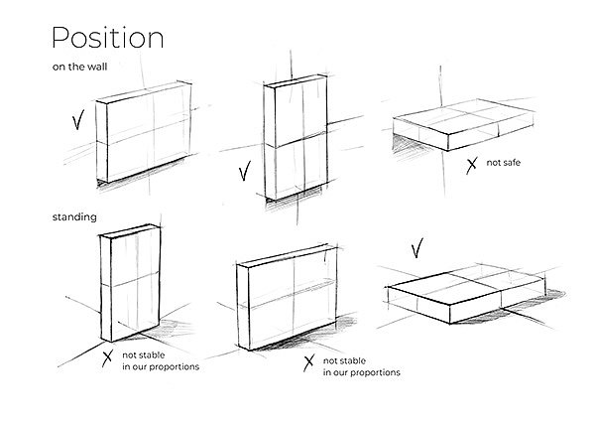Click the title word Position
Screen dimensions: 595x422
pyautogui.click(x=108, y=38)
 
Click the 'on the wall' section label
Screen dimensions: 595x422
pyautogui.click(x=79, y=67)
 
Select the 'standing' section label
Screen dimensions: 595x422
pyautogui.click(x=74, y=217)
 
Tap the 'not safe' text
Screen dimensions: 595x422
pyautogui.click(x=503, y=163)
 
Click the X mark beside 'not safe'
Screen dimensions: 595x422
pyautogui.click(x=471, y=166)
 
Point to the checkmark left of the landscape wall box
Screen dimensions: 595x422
pyautogui.click(x=77, y=120)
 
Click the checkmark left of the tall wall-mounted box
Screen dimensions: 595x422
pyautogui.click(x=245, y=171)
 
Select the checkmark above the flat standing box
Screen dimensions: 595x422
pyautogui.click(x=417, y=248)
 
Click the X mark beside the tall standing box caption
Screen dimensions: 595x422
pyautogui.click(x=107, y=358)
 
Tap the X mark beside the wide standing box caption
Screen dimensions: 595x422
pyautogui.click(x=308, y=362)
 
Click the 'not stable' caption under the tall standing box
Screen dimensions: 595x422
pyautogui.click(x=161, y=361)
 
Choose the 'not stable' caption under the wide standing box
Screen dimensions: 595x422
pyautogui.click(x=361, y=367)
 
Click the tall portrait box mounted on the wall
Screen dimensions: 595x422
pyautogui.click(x=296, y=137)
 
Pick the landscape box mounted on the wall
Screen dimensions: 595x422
pyautogui.click(x=144, y=132)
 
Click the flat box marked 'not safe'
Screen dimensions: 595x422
pyautogui.click(x=463, y=124)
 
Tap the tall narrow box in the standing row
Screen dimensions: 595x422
pyautogui.click(x=131, y=283)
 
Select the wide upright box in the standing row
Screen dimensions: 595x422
pyautogui.click(x=287, y=297)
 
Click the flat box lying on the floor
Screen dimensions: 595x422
pyautogui.click(x=467, y=294)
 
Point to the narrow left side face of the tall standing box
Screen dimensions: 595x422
pyautogui.click(x=106, y=289)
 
